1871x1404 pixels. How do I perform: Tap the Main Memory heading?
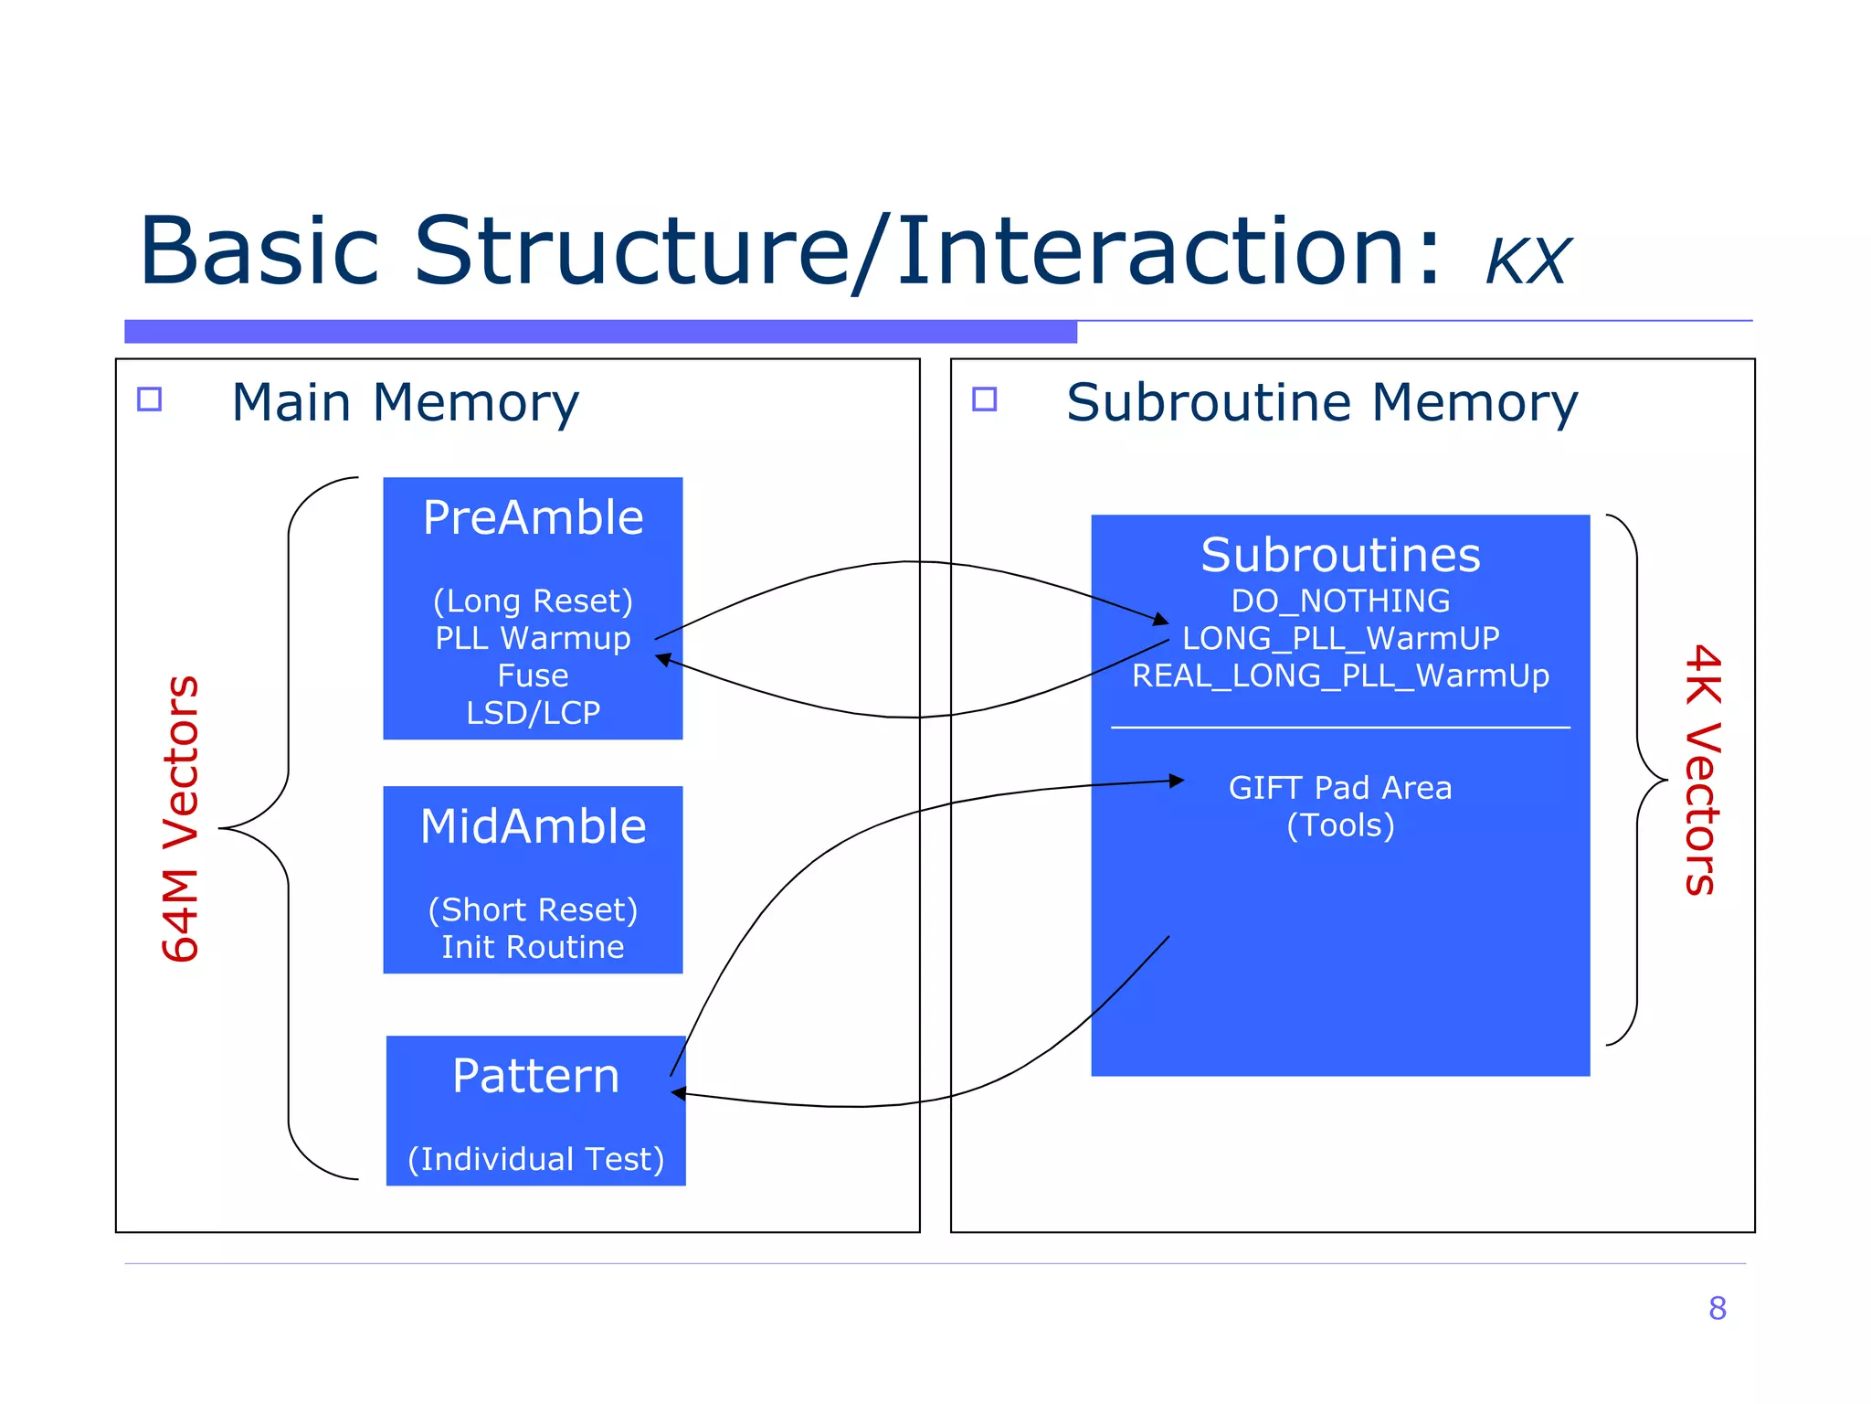[405, 402]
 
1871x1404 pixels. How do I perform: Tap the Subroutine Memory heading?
[1321, 402]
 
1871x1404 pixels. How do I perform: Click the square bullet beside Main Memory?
[149, 399]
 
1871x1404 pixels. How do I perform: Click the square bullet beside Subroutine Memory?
[984, 399]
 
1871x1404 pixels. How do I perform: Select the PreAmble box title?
[533, 518]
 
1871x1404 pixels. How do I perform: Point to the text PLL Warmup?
[533, 638]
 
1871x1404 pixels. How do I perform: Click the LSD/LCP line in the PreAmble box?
[533, 713]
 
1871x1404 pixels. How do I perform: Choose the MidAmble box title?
[533, 826]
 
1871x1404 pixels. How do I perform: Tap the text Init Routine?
[533, 947]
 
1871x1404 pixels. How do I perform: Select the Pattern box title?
[535, 1076]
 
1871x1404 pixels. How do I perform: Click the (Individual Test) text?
[535, 1159]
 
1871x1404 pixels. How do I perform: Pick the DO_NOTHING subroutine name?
[1340, 601]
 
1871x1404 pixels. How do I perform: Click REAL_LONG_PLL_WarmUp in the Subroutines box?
[1340, 675]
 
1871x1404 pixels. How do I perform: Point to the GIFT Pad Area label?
[1339, 788]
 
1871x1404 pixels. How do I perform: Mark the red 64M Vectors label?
[180, 819]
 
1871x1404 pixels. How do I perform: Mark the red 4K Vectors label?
[1702, 770]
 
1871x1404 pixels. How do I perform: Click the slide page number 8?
[1717, 1308]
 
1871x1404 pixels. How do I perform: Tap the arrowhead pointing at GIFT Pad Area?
[1177, 781]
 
